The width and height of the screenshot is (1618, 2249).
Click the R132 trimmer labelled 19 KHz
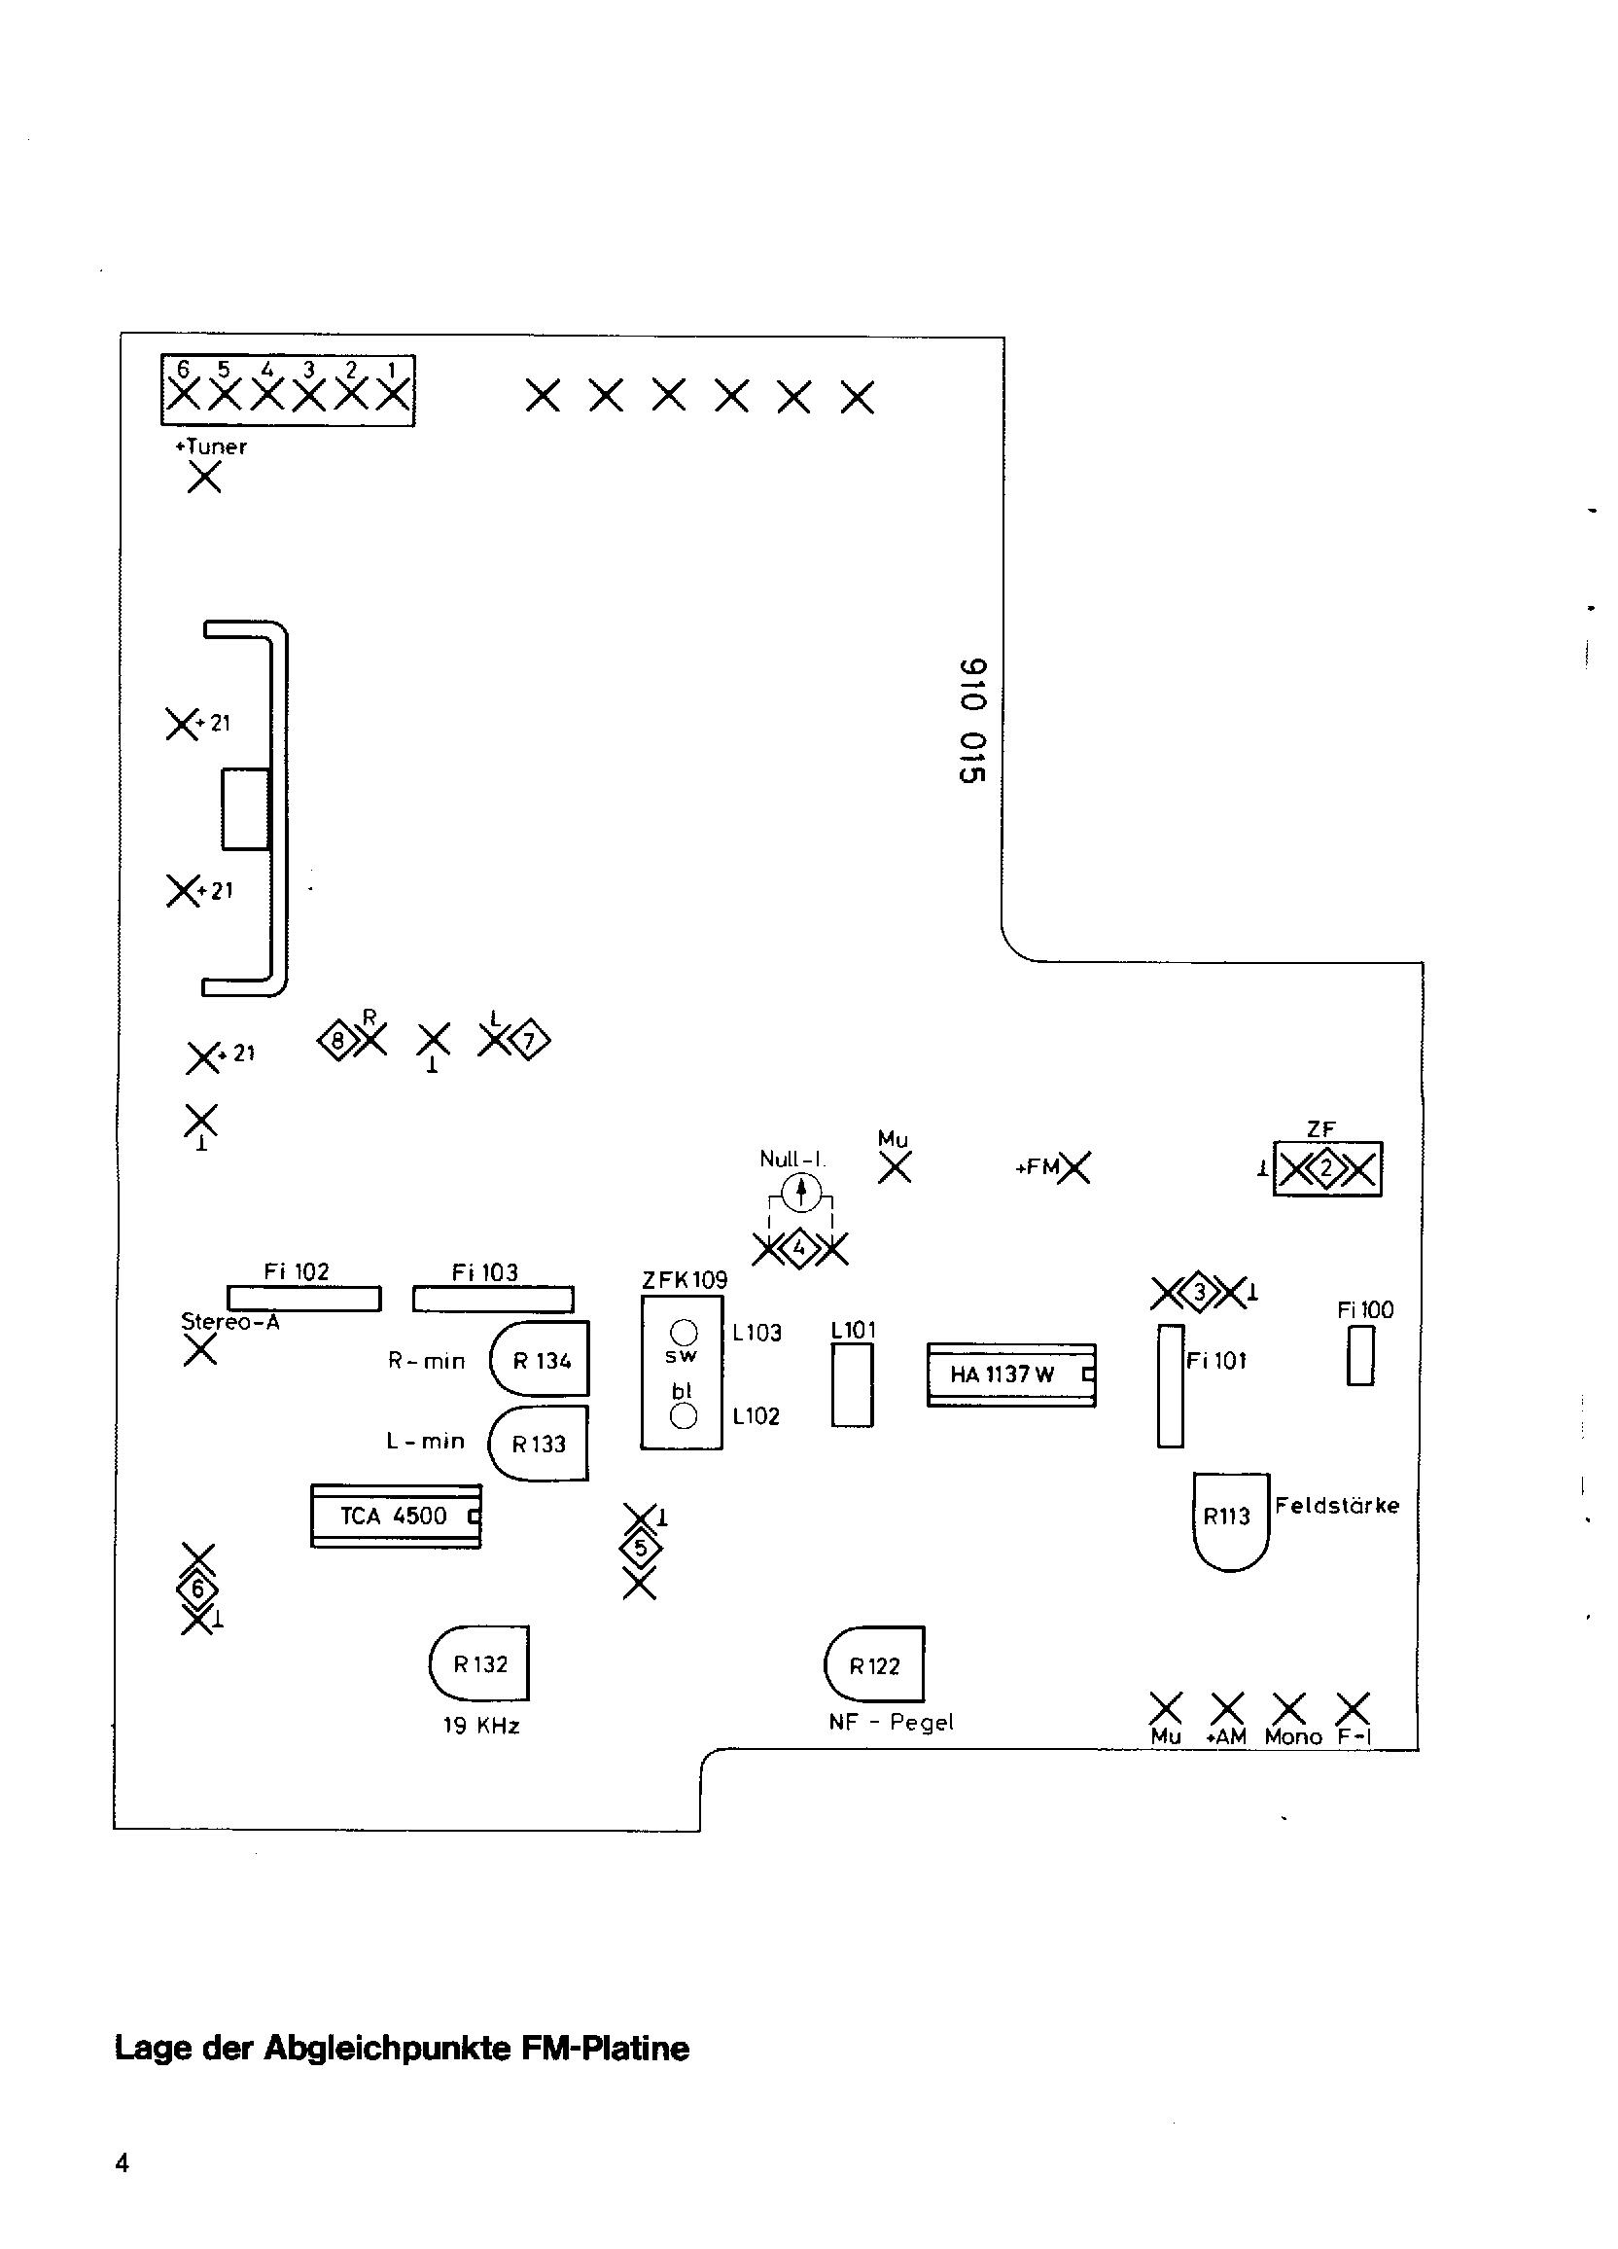[x=478, y=1663]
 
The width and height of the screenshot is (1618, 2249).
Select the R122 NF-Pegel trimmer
[x=873, y=1664]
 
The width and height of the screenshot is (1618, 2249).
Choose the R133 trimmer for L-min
[x=539, y=1443]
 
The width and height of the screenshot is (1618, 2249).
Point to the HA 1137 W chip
[x=1011, y=1374]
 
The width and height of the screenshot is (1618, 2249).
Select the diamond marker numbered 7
[x=529, y=1040]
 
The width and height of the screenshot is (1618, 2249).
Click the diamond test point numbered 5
[x=640, y=1548]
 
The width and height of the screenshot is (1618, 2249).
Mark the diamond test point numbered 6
[x=198, y=1589]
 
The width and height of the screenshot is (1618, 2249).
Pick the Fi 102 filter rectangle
[x=304, y=1298]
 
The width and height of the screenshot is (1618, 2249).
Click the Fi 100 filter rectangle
[x=1360, y=1357]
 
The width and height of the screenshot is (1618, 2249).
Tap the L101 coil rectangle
[x=852, y=1386]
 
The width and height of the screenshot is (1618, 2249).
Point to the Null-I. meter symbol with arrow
[x=800, y=1192]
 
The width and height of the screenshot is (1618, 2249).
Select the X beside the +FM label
[x=1074, y=1168]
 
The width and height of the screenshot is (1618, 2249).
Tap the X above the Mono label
[x=1288, y=1706]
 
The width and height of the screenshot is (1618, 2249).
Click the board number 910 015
[x=972, y=721]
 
